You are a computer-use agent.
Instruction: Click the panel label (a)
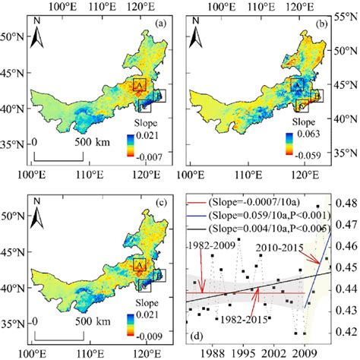pyautogui.click(x=160, y=23)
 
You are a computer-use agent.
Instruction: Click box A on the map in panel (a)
pyautogui.click(x=139, y=86)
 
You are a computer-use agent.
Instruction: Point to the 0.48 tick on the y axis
pyautogui.click(x=346, y=204)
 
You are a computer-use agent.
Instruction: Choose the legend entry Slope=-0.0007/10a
pyautogui.click(x=257, y=203)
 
